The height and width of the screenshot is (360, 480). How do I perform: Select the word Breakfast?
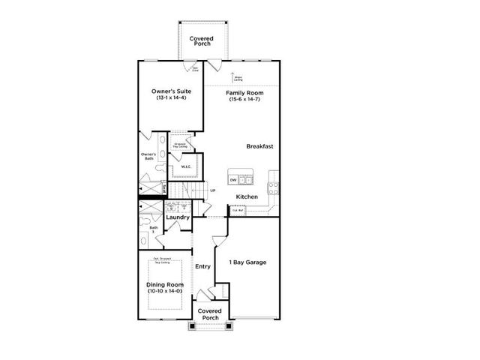(x=259, y=146)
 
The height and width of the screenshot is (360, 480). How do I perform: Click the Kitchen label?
(x=247, y=196)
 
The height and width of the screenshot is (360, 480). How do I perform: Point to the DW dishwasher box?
(x=233, y=180)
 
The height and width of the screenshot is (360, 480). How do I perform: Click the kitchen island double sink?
(x=248, y=179)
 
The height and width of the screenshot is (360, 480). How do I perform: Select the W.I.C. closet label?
(x=185, y=167)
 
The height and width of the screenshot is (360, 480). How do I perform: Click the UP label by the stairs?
(x=213, y=190)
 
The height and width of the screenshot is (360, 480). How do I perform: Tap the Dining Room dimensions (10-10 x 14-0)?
(x=164, y=290)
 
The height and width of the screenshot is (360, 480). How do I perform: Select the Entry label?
(x=202, y=266)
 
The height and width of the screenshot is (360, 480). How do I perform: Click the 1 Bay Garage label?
(x=247, y=262)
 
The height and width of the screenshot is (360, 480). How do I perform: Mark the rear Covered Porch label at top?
(x=200, y=40)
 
